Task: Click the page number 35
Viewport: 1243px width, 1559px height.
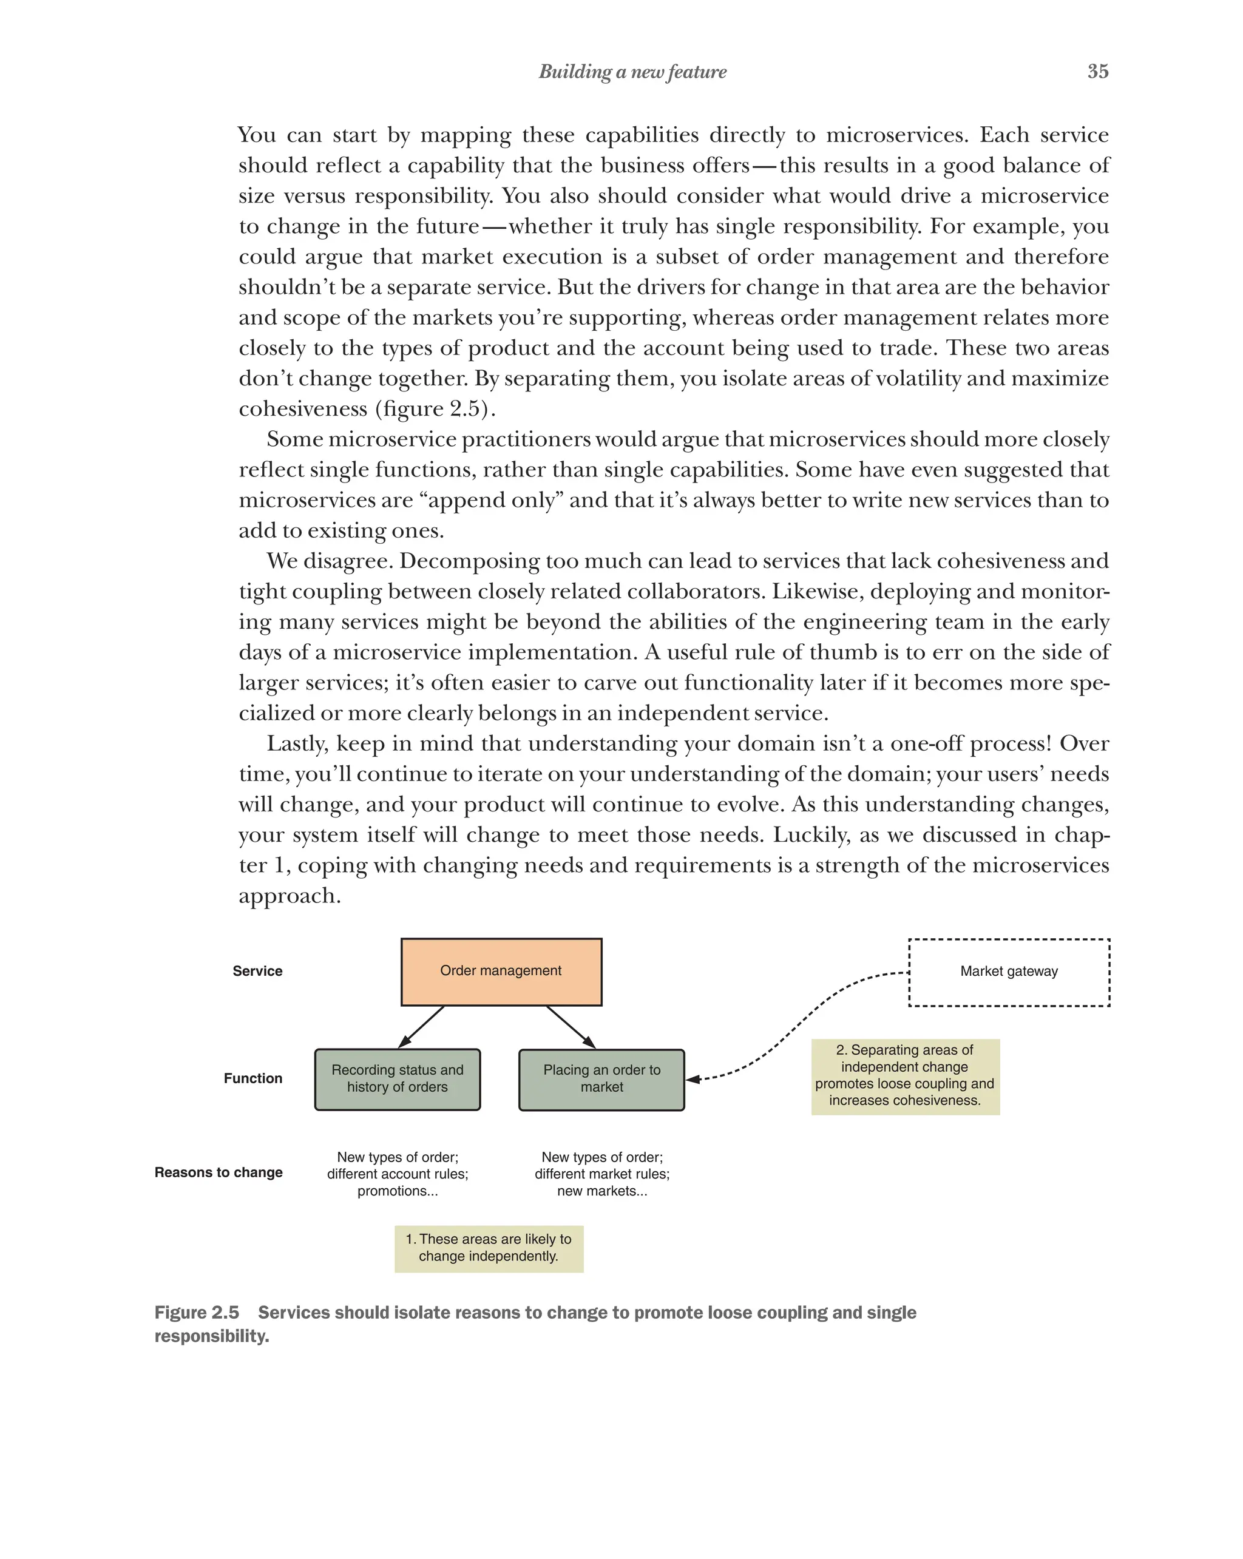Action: pyautogui.click(x=1097, y=71)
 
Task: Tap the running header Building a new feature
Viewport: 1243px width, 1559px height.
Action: pyautogui.click(x=632, y=72)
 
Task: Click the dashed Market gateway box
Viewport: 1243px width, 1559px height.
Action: pyautogui.click(x=1008, y=972)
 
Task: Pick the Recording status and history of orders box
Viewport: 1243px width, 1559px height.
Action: pyautogui.click(x=397, y=1079)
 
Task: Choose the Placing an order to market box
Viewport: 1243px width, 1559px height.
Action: pyautogui.click(x=601, y=1079)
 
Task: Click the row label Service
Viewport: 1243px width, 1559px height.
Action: pyautogui.click(x=257, y=971)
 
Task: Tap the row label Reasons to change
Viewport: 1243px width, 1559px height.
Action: pyautogui.click(x=218, y=1172)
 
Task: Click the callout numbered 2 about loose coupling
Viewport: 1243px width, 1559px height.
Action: pyautogui.click(x=904, y=1075)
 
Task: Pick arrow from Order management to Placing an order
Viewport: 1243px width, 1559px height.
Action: pyautogui.click(x=571, y=1027)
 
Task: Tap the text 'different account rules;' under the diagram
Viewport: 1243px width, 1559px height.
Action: pyautogui.click(x=397, y=1174)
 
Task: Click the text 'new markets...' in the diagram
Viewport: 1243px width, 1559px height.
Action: pyautogui.click(x=601, y=1191)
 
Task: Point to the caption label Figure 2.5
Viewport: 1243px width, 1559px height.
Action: pyautogui.click(x=197, y=1313)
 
